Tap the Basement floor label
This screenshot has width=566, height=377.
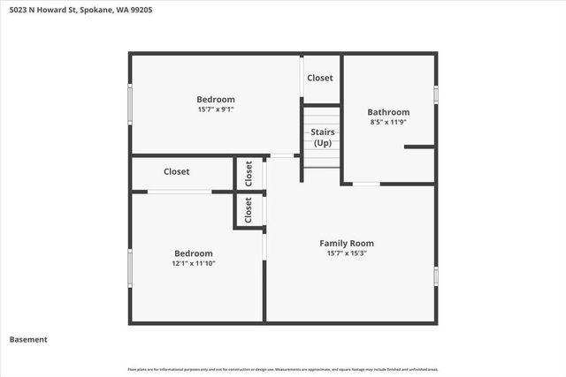tap(28, 339)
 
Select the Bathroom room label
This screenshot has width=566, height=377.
tap(388, 112)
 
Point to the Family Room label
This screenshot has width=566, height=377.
tap(347, 243)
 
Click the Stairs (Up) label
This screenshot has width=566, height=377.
tap(322, 137)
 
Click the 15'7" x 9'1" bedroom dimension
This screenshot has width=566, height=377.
tap(216, 109)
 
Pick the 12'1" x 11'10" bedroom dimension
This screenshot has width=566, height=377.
tap(193, 262)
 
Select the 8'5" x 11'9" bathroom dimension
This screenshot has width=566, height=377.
tap(388, 123)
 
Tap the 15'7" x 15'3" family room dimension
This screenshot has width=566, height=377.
tap(347, 253)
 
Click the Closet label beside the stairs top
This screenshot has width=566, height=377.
tap(320, 78)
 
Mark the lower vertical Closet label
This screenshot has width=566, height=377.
tap(249, 210)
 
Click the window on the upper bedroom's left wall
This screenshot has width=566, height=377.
tap(131, 103)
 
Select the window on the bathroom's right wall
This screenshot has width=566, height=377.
tap(435, 94)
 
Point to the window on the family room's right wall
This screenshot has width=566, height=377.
tap(435, 275)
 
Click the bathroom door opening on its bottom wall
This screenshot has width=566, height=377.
tap(366, 184)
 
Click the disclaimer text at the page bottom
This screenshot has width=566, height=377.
tap(283, 369)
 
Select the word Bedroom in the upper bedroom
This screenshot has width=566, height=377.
tap(216, 100)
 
